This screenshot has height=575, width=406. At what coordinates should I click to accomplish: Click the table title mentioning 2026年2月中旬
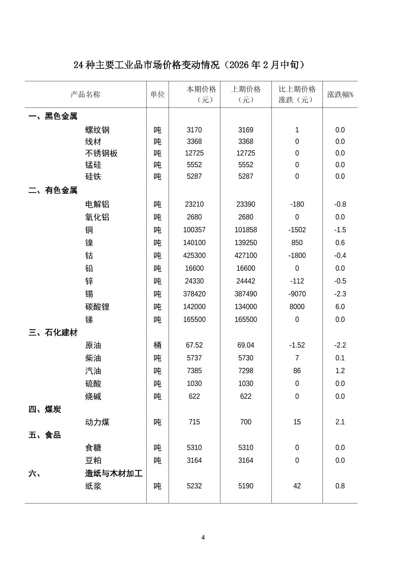pos(189,65)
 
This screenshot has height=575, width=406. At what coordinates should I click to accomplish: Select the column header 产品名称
pos(85,95)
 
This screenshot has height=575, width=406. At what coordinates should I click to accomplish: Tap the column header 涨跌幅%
pos(340,95)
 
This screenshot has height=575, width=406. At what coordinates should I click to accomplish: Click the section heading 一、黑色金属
pos(53,116)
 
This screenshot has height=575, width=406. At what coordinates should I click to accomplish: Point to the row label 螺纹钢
pos(97,130)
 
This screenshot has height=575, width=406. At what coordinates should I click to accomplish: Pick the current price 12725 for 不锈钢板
pos(194,153)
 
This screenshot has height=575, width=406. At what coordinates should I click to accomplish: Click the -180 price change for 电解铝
pos(297,204)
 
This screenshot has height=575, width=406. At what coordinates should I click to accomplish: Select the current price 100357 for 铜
pos(194,230)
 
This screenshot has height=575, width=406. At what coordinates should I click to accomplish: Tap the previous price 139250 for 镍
pos(246,243)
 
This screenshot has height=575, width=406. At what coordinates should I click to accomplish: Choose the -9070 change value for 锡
pos(297,294)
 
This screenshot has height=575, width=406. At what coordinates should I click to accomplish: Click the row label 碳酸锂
pos(97,307)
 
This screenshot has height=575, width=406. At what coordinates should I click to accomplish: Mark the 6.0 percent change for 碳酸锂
pos(340,307)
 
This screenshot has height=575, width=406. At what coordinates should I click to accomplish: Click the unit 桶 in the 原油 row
pos(157,345)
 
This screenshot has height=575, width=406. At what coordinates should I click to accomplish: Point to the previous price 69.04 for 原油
pos(246,345)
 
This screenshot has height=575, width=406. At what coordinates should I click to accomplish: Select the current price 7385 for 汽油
pos(194,371)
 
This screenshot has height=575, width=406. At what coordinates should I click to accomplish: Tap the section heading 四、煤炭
pos(45,410)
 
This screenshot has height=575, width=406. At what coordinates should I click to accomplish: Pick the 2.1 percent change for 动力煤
pos(340,422)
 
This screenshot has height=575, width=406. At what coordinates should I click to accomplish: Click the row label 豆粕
pos(93,461)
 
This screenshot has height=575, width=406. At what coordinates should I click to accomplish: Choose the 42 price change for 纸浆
pos(297,486)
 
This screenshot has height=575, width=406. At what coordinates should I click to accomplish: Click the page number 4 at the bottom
pos(203,538)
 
